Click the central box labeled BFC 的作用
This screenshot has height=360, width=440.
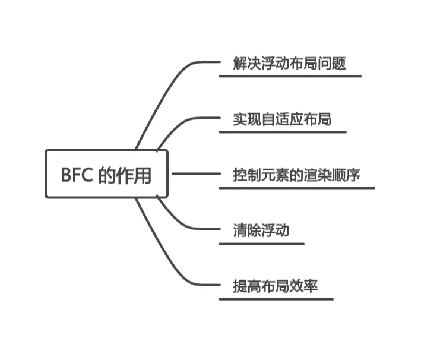click(107, 174)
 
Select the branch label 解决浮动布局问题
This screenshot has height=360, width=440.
click(289, 64)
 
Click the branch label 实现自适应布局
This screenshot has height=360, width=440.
click(282, 119)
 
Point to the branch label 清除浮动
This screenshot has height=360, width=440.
click(261, 230)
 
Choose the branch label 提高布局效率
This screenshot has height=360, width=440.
click(276, 286)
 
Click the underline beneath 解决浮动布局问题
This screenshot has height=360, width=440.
click(289, 76)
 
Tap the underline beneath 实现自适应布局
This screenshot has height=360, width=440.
click(282, 132)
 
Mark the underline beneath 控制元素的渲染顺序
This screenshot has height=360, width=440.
click(297, 188)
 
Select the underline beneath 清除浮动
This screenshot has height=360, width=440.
click(261, 244)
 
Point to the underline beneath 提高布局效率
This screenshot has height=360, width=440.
click(276, 299)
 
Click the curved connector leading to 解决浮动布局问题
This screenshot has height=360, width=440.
click(166, 89)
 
